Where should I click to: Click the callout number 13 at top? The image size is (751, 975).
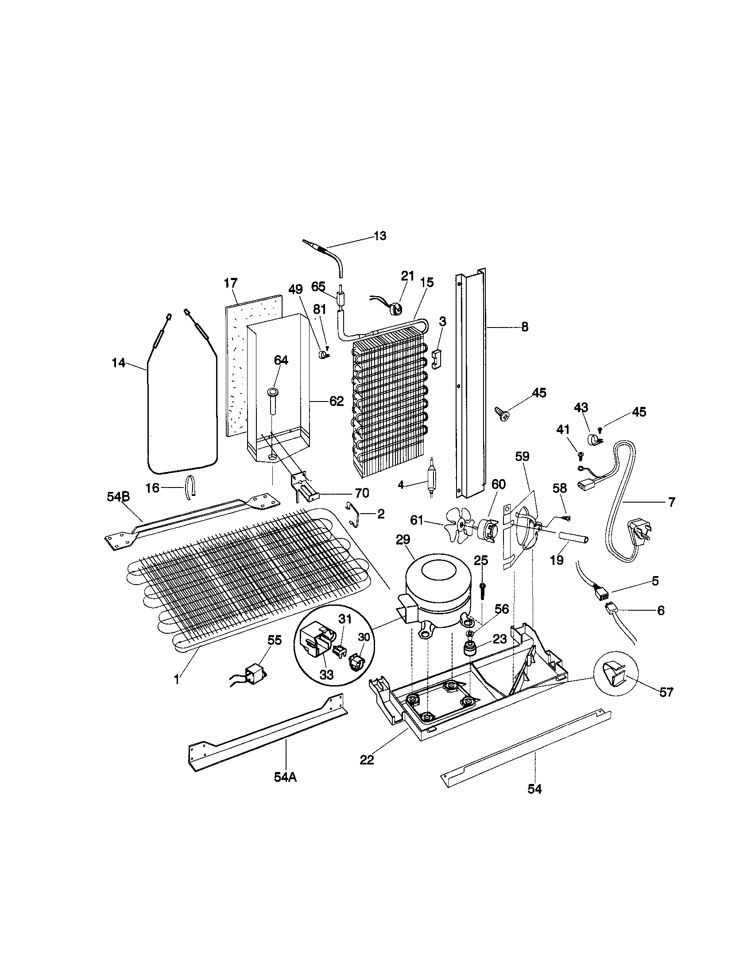point(379,236)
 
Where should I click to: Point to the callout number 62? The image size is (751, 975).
point(337,402)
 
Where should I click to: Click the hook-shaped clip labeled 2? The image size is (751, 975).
point(355,514)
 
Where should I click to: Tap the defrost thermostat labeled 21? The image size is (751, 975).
point(395,308)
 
